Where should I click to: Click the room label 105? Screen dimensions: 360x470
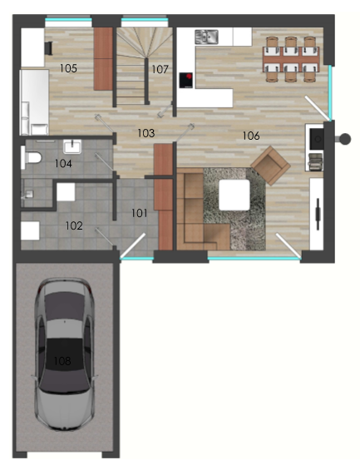click(68, 68)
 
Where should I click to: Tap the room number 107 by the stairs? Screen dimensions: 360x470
click(160, 70)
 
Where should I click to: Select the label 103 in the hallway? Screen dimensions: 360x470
click(145, 133)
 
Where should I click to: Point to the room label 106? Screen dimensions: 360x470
click(251, 136)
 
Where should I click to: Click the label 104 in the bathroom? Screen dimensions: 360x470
click(63, 164)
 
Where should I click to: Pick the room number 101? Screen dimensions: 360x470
click(140, 214)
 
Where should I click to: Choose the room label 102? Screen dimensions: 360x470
click(74, 225)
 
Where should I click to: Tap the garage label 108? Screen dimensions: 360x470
click(62, 360)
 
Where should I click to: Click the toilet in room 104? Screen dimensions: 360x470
click(31, 158)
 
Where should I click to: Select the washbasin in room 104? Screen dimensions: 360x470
click(72, 146)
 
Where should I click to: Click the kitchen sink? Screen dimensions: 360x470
click(206, 37)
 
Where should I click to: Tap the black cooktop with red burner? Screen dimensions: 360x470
click(186, 81)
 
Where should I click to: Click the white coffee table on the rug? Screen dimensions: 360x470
click(234, 195)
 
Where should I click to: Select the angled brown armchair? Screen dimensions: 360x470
click(270, 166)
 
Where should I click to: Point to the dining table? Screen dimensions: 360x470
click(291, 59)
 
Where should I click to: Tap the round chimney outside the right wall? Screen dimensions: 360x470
click(344, 139)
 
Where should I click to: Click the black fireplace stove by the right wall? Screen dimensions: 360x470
click(316, 139)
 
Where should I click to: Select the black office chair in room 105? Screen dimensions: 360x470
click(48, 48)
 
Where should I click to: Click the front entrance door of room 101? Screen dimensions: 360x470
click(133, 245)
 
